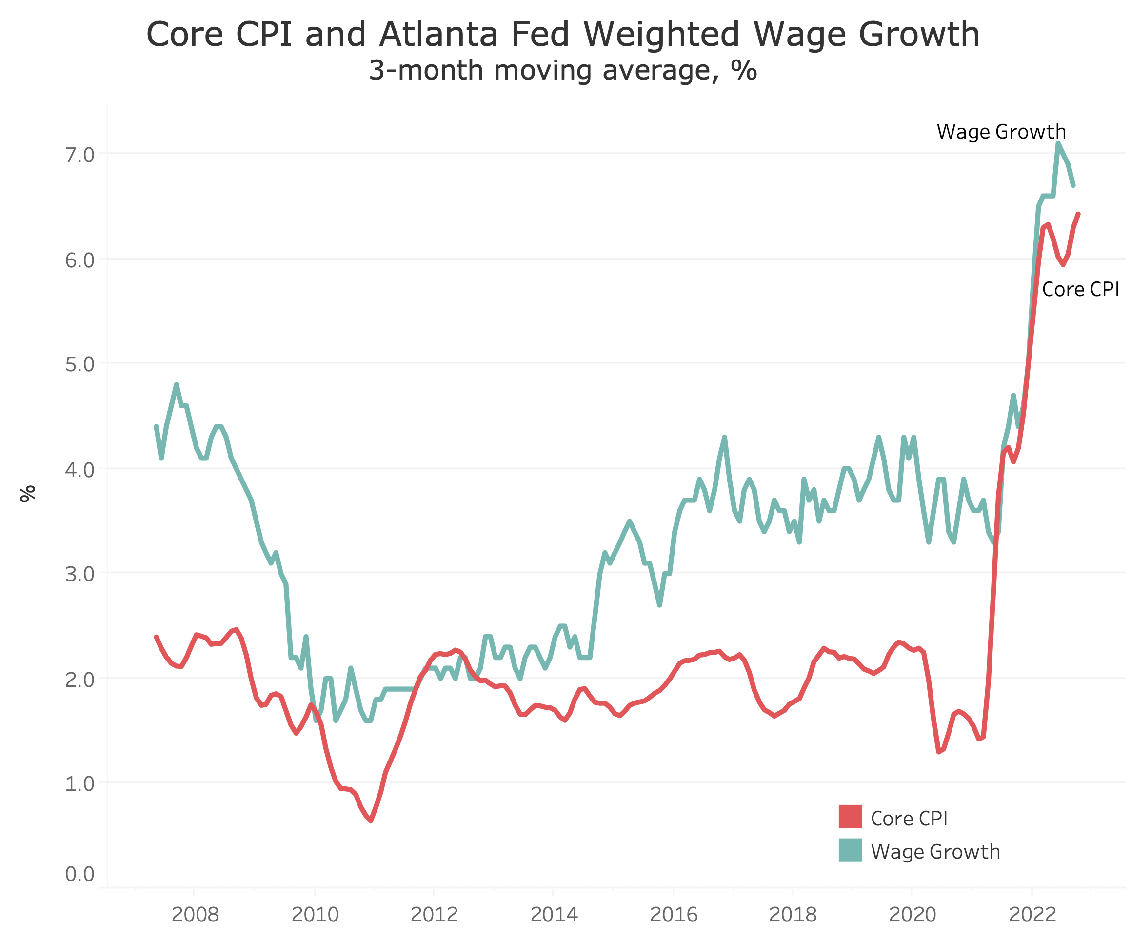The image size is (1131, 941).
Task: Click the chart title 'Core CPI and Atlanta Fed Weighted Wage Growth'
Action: click(563, 34)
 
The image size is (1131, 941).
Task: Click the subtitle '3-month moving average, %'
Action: click(563, 71)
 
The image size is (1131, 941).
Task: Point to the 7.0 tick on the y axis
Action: click(79, 155)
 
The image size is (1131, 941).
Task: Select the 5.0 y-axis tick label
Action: click(79, 365)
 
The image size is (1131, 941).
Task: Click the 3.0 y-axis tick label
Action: click(79, 574)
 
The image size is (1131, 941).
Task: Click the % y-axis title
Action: click(27, 493)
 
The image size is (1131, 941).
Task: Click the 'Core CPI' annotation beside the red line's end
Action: click(1080, 290)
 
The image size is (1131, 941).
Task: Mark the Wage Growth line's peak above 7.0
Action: click(1058, 143)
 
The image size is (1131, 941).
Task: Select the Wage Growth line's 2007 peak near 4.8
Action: click(176, 384)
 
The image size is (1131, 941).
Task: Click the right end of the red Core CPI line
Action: click(1078, 214)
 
